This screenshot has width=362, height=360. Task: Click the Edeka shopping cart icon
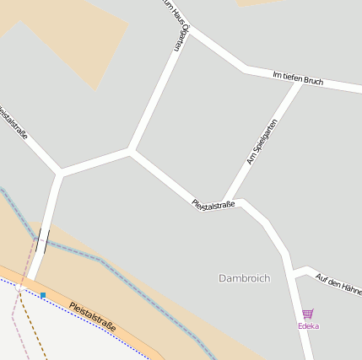click(308, 314)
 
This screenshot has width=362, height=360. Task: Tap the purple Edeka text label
click(308, 325)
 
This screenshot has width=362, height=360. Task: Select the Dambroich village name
click(244, 277)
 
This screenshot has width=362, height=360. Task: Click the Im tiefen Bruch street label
click(299, 78)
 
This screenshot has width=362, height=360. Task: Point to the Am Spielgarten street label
click(262, 141)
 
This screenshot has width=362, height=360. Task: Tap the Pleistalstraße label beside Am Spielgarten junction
click(213, 204)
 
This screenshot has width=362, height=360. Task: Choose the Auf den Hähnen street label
click(338, 284)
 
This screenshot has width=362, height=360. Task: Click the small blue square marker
click(43, 295)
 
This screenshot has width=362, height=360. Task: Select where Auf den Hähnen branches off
click(292, 270)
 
